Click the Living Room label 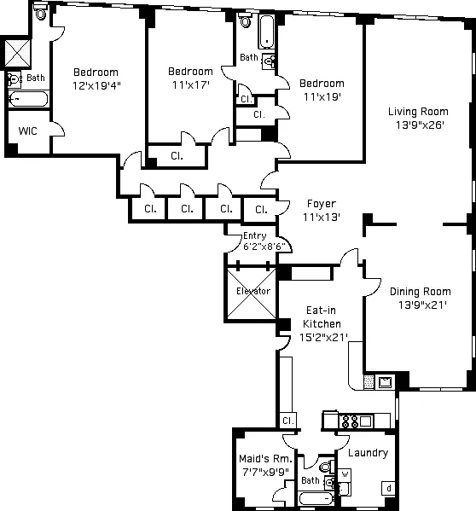(417, 112)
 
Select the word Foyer (322, 203)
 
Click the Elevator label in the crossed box (252, 292)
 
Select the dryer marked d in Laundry (388, 488)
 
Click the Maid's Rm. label (265, 459)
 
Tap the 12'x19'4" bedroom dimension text (95, 85)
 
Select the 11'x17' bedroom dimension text (189, 84)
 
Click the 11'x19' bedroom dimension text (321, 96)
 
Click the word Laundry (368, 453)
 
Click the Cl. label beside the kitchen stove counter (288, 421)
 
